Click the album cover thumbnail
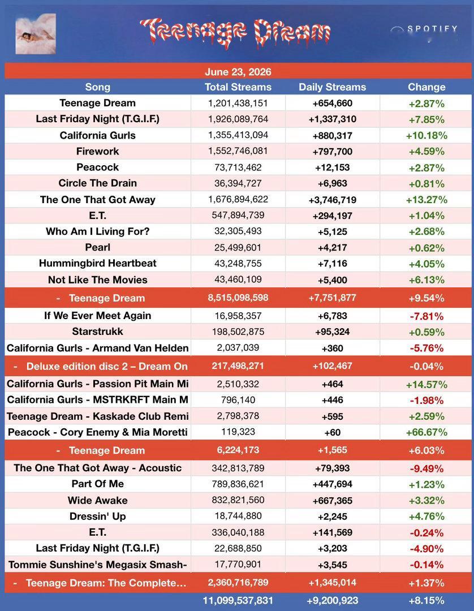tap(36, 33)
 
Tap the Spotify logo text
tap(432, 29)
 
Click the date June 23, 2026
tap(238, 72)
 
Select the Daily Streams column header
tap(332, 87)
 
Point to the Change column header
tap(426, 87)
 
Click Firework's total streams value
tap(238, 151)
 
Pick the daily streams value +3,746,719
tap(332, 200)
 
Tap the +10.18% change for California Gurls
tap(426, 135)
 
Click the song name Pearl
tap(98, 247)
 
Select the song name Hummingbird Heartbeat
tap(98, 264)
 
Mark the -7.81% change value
tap(426, 316)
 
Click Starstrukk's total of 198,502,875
tap(238, 332)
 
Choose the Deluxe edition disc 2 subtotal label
tap(107, 366)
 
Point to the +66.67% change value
tap(426, 432)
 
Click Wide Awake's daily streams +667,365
tap(332, 500)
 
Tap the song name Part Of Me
tap(98, 484)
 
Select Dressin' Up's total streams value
tap(238, 516)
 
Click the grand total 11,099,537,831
tap(238, 600)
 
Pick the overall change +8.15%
tap(426, 600)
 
